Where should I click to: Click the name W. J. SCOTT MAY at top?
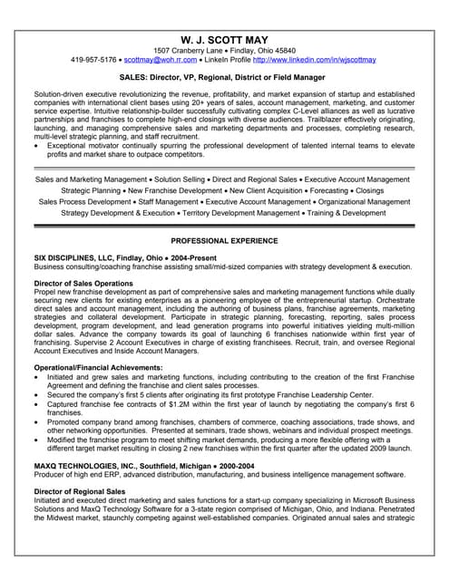click(223, 36)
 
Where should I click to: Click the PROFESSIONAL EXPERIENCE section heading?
click(223, 241)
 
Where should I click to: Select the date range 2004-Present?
click(190, 258)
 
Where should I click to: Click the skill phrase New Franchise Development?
click(174, 190)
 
